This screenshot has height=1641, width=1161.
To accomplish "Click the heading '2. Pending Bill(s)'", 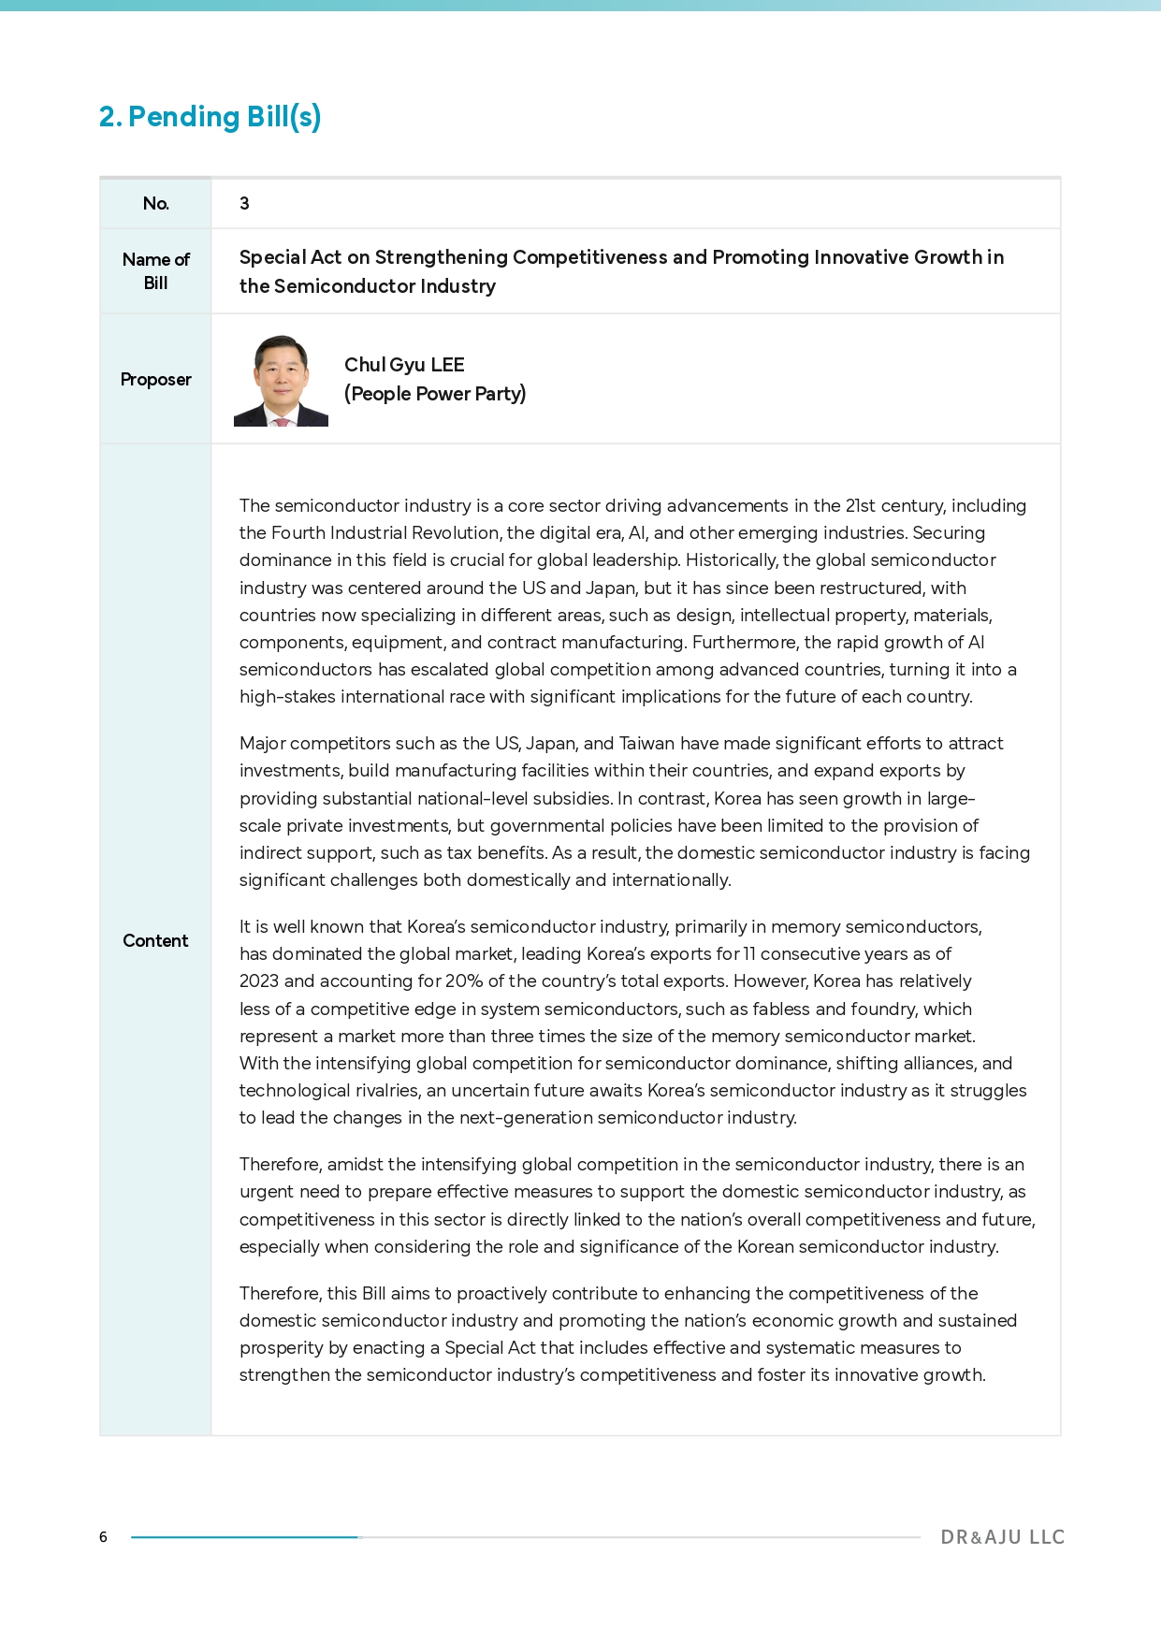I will click(210, 117).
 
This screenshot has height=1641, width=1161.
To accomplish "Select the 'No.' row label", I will click(155, 204).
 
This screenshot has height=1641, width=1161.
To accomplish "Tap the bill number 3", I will click(244, 204).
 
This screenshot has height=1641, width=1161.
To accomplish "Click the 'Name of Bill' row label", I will click(155, 271).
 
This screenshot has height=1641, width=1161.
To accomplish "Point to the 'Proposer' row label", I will click(155, 380).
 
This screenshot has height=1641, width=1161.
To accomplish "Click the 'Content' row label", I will click(155, 941).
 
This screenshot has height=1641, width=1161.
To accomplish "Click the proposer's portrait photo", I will click(281, 380).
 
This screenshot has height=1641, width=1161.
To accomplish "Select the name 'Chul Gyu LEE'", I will click(404, 365).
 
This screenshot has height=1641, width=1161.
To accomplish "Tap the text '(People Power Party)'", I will click(435, 394).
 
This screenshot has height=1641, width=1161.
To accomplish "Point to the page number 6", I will click(103, 1537).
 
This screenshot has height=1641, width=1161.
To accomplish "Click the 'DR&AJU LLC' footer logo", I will click(1002, 1537).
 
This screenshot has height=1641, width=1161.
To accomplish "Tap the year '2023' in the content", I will click(259, 981).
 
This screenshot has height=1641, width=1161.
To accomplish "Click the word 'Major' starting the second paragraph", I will click(262, 744).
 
